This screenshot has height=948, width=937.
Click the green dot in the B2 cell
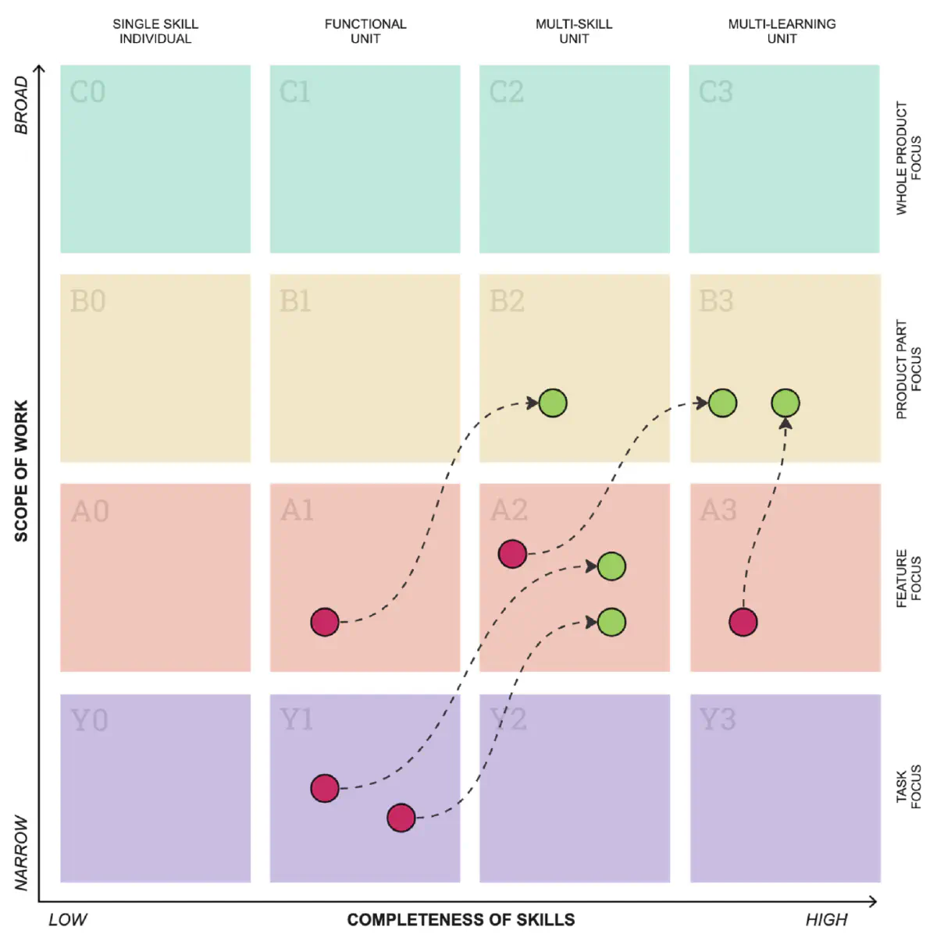point(553,403)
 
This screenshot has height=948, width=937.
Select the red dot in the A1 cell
point(325,622)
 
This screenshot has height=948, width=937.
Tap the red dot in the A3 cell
point(743,622)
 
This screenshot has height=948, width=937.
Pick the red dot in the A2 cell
point(512,554)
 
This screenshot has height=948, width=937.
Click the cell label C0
point(87,92)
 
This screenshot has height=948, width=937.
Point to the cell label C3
point(716,92)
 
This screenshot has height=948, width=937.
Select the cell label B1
point(295,301)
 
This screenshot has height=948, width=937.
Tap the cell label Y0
point(89,720)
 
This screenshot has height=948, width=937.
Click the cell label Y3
point(718,720)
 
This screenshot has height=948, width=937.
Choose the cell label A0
point(90,512)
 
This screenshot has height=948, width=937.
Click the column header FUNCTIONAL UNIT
point(365,31)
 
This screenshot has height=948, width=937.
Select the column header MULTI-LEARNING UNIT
point(782,31)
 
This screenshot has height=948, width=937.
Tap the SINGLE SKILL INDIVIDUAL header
point(155,31)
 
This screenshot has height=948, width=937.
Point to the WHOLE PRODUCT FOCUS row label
point(908,158)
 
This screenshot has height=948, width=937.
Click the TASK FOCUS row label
point(908,786)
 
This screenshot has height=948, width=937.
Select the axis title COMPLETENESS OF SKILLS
point(461,920)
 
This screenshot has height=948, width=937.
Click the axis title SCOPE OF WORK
point(21,471)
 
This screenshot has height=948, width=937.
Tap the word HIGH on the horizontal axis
point(826,920)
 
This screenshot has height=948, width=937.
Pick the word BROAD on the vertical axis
point(21,105)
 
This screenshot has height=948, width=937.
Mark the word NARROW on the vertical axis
point(21,853)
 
